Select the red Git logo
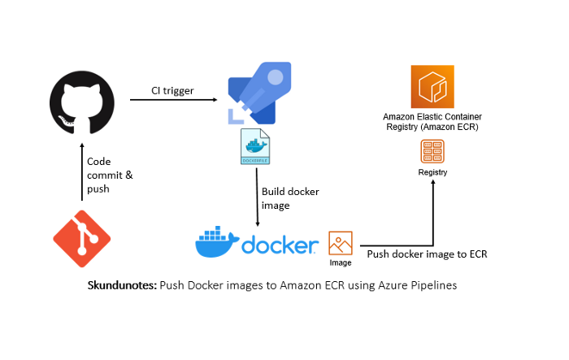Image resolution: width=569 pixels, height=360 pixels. click(x=81, y=238)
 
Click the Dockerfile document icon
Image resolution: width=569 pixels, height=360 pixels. click(x=255, y=149)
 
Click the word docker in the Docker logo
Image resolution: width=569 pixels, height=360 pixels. click(x=279, y=245)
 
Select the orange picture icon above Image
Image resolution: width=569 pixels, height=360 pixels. click(x=341, y=243)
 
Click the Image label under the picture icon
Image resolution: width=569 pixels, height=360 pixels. click(x=341, y=263)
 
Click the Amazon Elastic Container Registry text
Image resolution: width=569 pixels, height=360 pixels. click(x=432, y=122)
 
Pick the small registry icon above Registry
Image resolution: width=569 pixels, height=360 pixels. click(x=432, y=152)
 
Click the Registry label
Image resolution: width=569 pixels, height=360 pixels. click(x=432, y=172)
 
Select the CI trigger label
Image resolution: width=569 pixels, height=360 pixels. click(x=172, y=90)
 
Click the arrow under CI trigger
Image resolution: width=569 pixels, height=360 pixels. click(x=172, y=100)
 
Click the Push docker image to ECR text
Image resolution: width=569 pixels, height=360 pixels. click(x=427, y=254)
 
